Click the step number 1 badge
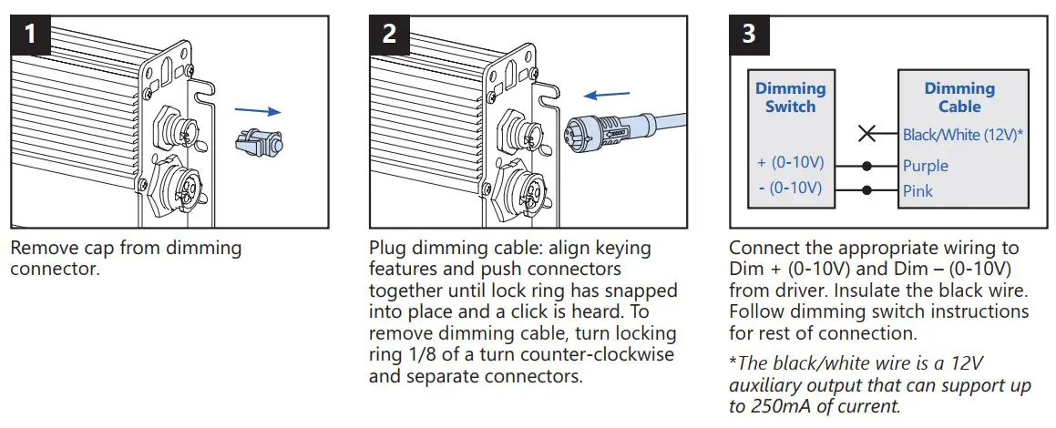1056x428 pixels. coord(30,35)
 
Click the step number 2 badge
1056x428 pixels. coord(389,35)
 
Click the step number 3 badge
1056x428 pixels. coord(749,35)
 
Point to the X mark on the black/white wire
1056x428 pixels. coord(867,135)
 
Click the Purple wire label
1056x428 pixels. coord(925,166)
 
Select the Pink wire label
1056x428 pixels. coord(918,191)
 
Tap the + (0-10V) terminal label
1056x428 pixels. coord(790,163)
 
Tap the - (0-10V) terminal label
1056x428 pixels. coord(790,189)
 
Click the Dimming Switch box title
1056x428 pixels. coord(790,97)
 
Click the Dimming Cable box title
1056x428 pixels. coord(959,97)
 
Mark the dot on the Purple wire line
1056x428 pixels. coord(867,167)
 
